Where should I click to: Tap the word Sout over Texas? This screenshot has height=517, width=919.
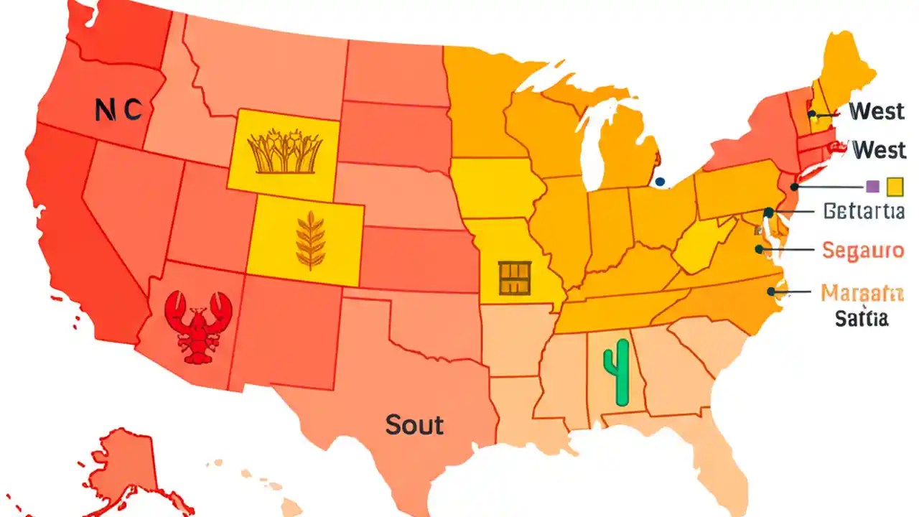(x=414, y=424)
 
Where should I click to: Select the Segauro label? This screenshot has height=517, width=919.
(x=862, y=251)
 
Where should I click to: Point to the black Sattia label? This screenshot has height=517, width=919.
(x=862, y=318)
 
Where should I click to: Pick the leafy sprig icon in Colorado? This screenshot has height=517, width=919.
(x=309, y=241)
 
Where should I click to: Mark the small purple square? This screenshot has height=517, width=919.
(x=873, y=187)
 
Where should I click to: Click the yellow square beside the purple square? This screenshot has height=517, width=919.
(x=895, y=187)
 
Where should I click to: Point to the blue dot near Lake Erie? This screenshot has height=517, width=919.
(x=660, y=182)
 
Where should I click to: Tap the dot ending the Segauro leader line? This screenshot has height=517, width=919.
(x=758, y=250)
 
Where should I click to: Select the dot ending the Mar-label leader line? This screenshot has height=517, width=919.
(x=771, y=292)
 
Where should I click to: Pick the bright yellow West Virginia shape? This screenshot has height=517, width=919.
(x=700, y=248)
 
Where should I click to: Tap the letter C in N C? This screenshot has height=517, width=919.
(x=132, y=110)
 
